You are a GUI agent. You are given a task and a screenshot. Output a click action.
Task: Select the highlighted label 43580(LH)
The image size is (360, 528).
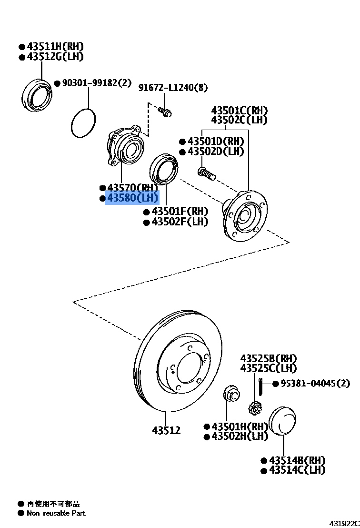pyautogui.click(x=132, y=198)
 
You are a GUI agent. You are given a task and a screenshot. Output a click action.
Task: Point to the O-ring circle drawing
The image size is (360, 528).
pyautogui.click(x=83, y=122)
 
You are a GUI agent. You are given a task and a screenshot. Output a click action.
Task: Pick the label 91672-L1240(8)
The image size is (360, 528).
pyautogui.click(x=173, y=88)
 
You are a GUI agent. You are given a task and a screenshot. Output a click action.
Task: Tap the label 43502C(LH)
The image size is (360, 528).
pyautogui.click(x=239, y=120)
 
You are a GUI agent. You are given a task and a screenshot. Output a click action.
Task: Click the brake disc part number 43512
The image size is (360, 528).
pyautogui.click(x=166, y=430)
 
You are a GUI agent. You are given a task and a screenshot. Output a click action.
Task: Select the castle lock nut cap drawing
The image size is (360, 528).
pyautogui.click(x=255, y=408)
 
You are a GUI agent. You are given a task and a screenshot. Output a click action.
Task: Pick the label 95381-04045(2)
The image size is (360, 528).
pyautogui.click(x=315, y=383)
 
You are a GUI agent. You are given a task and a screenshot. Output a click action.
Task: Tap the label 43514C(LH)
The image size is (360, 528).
pyautogui.click(x=297, y=470)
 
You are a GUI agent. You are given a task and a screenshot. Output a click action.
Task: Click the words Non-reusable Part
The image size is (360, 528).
pyautogui.click(x=56, y=513)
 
